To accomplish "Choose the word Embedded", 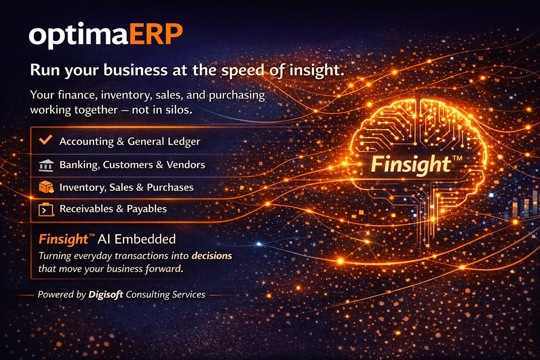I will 150,239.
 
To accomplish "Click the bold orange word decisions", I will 212,256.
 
